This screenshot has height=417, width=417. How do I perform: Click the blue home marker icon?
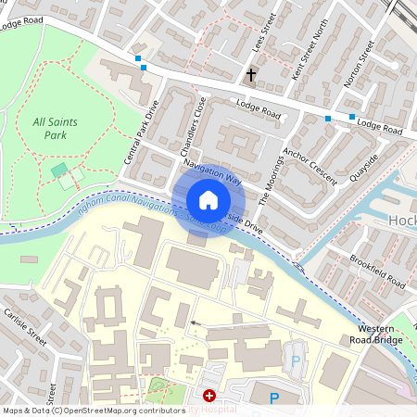[x=208, y=199]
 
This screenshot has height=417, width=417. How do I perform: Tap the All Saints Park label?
[x=56, y=128]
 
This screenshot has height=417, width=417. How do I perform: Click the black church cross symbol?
[x=250, y=73]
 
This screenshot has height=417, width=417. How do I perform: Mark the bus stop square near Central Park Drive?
[x=140, y=58]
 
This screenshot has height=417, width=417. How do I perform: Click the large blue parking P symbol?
[x=273, y=398]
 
